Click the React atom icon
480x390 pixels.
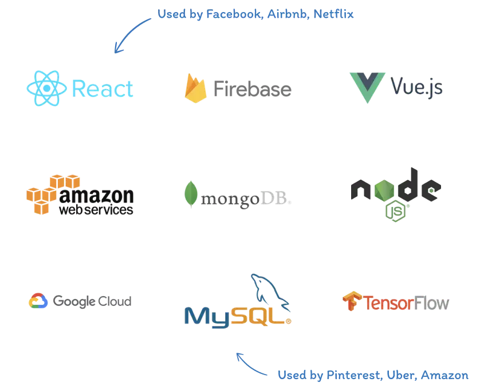[x=42, y=89]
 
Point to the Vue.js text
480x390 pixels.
[x=418, y=87]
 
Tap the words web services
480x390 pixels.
[x=97, y=210]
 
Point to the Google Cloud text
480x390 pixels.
[x=92, y=301]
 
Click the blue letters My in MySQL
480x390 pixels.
[x=207, y=315]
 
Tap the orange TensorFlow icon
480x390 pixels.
[x=351, y=301]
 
